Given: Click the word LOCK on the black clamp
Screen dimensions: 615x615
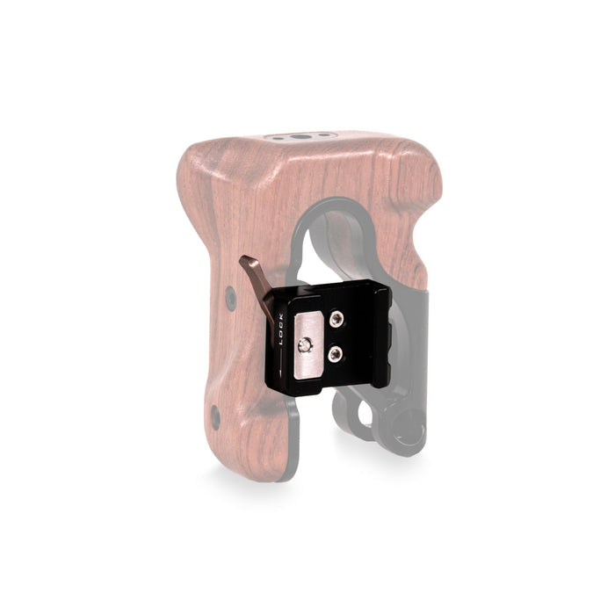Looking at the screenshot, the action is coord(282,329).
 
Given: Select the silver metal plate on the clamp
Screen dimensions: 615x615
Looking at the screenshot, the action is coord(309,345).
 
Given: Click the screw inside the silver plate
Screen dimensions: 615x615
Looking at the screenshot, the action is coord(305,345).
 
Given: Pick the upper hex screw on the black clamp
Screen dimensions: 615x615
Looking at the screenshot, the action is coord(336,319).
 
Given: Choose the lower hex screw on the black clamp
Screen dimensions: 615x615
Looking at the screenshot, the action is coord(336,354).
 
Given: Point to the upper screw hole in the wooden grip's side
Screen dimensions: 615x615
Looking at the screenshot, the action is coord(230,299).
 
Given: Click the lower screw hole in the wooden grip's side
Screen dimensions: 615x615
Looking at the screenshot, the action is coord(215,417).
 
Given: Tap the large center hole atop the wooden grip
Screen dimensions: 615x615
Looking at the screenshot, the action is coord(300,137).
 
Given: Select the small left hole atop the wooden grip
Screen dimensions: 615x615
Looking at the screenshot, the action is coord(278,139).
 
